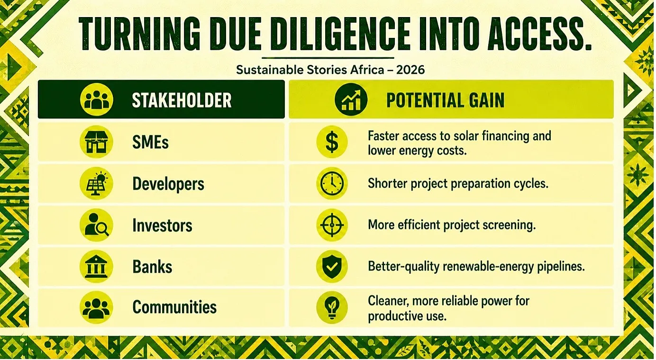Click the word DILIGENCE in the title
(x=340, y=34)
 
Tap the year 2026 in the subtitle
(x=410, y=70)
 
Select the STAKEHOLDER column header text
(x=182, y=100)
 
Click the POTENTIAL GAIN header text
(x=446, y=100)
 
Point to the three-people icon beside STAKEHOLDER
(x=96, y=99)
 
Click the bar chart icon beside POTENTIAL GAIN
(x=351, y=99)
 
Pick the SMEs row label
(x=150, y=143)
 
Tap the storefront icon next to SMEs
(x=96, y=142)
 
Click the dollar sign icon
(x=332, y=142)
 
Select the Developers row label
(x=168, y=184)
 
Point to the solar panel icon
(x=96, y=183)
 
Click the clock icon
(x=332, y=183)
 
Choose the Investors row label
(x=162, y=225)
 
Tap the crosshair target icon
(x=332, y=225)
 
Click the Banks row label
(x=152, y=267)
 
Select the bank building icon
(x=96, y=266)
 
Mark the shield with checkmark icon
(x=332, y=266)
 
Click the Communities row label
(x=174, y=307)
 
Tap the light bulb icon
(x=332, y=307)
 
